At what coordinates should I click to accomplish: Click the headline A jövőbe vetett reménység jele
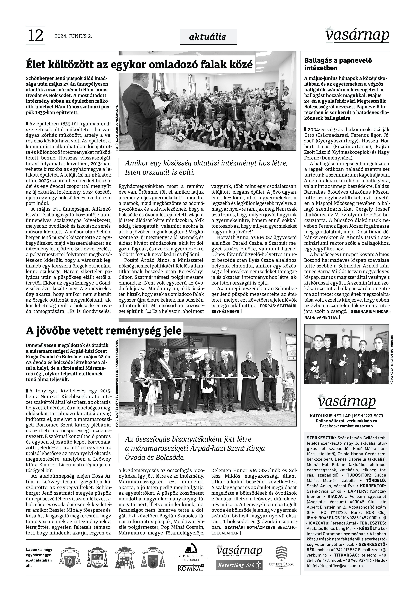coord(103,331)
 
